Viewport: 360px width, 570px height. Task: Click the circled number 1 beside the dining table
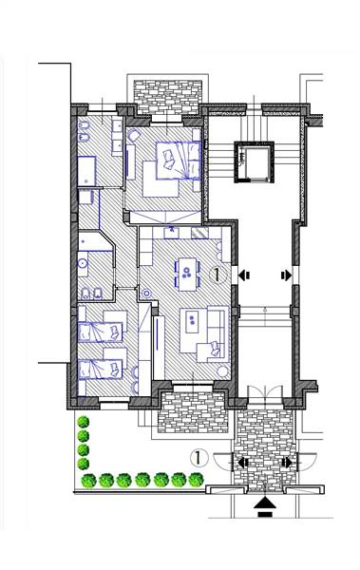(218, 275)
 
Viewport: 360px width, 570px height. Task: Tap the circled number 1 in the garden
(199, 458)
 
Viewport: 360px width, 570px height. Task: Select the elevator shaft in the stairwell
(254, 161)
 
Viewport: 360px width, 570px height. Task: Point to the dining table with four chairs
(187, 275)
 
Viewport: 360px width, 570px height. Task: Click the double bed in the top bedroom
(179, 161)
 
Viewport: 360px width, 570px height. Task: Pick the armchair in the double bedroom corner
(134, 136)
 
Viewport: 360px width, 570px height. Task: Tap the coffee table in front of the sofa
(193, 321)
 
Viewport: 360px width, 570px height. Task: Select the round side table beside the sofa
(222, 371)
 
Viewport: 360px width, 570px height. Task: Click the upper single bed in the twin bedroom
(101, 332)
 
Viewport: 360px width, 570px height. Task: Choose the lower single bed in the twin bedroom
(101, 369)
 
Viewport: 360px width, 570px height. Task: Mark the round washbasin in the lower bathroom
(83, 262)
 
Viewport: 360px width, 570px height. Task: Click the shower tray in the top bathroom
(86, 171)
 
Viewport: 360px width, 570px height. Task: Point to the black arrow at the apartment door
(244, 275)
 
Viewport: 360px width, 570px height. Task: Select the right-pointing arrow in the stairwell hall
(286, 275)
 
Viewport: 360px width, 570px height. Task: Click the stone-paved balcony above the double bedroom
(167, 98)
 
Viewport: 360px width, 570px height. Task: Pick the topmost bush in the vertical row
(84, 422)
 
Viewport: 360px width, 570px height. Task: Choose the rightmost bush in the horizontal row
(196, 480)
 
